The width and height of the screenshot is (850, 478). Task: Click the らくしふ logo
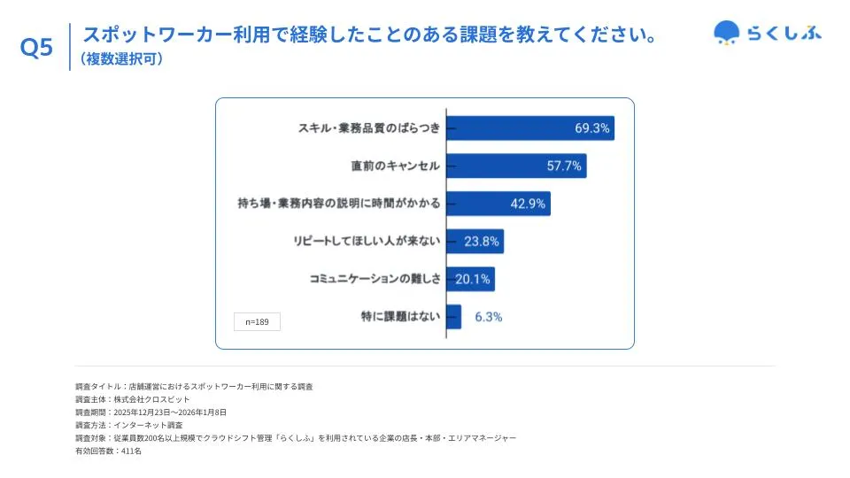(x=767, y=34)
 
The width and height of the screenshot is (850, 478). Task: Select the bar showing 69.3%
(x=529, y=128)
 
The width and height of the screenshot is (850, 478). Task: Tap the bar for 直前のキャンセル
(x=516, y=166)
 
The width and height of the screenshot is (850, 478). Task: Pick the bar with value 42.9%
(x=498, y=204)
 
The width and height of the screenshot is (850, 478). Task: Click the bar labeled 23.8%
(x=475, y=241)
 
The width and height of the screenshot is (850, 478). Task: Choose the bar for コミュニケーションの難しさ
(x=470, y=279)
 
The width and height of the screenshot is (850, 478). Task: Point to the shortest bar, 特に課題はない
(x=454, y=317)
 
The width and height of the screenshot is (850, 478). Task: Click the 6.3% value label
(x=488, y=317)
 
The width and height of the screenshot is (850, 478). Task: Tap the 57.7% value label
(x=564, y=166)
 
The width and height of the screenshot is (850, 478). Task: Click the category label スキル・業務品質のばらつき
(x=369, y=128)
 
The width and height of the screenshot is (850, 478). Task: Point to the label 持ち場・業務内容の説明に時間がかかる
(x=339, y=204)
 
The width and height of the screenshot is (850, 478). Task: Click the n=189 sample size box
(x=257, y=322)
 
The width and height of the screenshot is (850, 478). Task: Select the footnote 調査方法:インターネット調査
(x=129, y=425)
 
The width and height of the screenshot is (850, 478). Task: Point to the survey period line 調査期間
(x=151, y=412)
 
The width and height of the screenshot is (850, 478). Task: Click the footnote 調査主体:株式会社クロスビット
(x=133, y=399)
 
